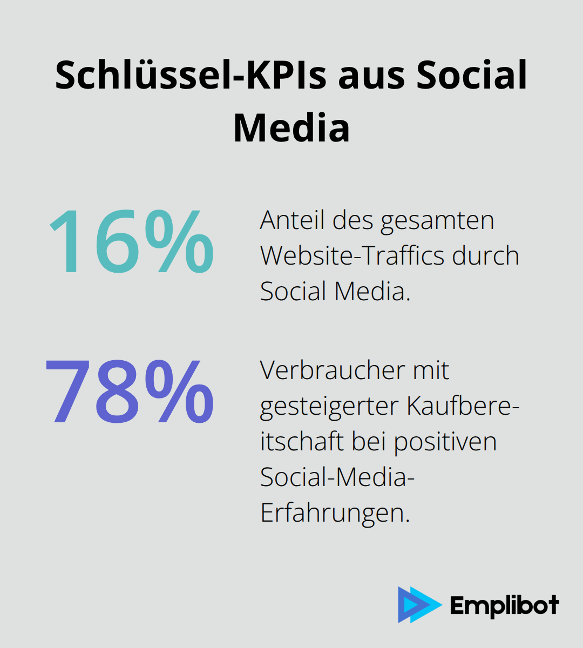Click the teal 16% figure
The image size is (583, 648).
(x=131, y=242)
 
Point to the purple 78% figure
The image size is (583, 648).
(x=130, y=391)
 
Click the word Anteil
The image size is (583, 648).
(x=293, y=220)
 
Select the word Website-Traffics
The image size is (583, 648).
(x=353, y=256)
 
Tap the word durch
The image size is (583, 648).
(x=486, y=256)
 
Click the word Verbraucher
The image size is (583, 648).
(x=332, y=370)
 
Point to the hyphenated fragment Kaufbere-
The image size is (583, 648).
(x=463, y=406)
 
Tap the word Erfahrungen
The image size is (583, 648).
(x=335, y=513)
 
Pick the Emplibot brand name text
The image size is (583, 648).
(x=504, y=605)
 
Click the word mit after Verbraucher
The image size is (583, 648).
(x=431, y=370)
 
